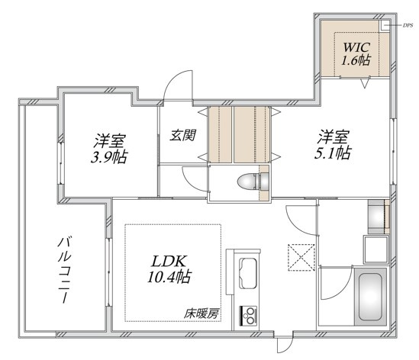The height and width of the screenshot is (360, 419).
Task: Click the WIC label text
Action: click(x=356, y=47)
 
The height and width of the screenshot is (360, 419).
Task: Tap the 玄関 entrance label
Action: click(x=183, y=135)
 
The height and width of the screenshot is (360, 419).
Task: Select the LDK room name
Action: click(x=169, y=262)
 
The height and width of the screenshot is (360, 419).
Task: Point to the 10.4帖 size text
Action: click(x=169, y=277)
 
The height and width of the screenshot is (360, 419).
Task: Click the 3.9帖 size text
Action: click(x=109, y=157)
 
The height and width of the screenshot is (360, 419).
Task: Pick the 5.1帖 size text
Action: click(x=333, y=153)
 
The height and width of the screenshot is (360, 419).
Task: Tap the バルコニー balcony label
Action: click(x=64, y=270)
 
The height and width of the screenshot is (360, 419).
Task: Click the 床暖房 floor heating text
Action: click(x=201, y=313)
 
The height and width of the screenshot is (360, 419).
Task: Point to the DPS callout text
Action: click(x=408, y=26)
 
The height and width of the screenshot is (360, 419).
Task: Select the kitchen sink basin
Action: click(x=248, y=273)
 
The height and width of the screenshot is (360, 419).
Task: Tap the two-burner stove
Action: click(x=249, y=316)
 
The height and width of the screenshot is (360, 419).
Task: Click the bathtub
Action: click(x=370, y=297)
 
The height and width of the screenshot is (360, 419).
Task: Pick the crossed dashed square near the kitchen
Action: click(x=301, y=258)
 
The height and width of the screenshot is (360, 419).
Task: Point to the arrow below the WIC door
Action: click(x=365, y=83)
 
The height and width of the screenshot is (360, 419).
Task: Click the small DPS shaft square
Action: click(x=385, y=25)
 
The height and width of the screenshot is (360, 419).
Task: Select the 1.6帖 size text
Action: click(x=356, y=60)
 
